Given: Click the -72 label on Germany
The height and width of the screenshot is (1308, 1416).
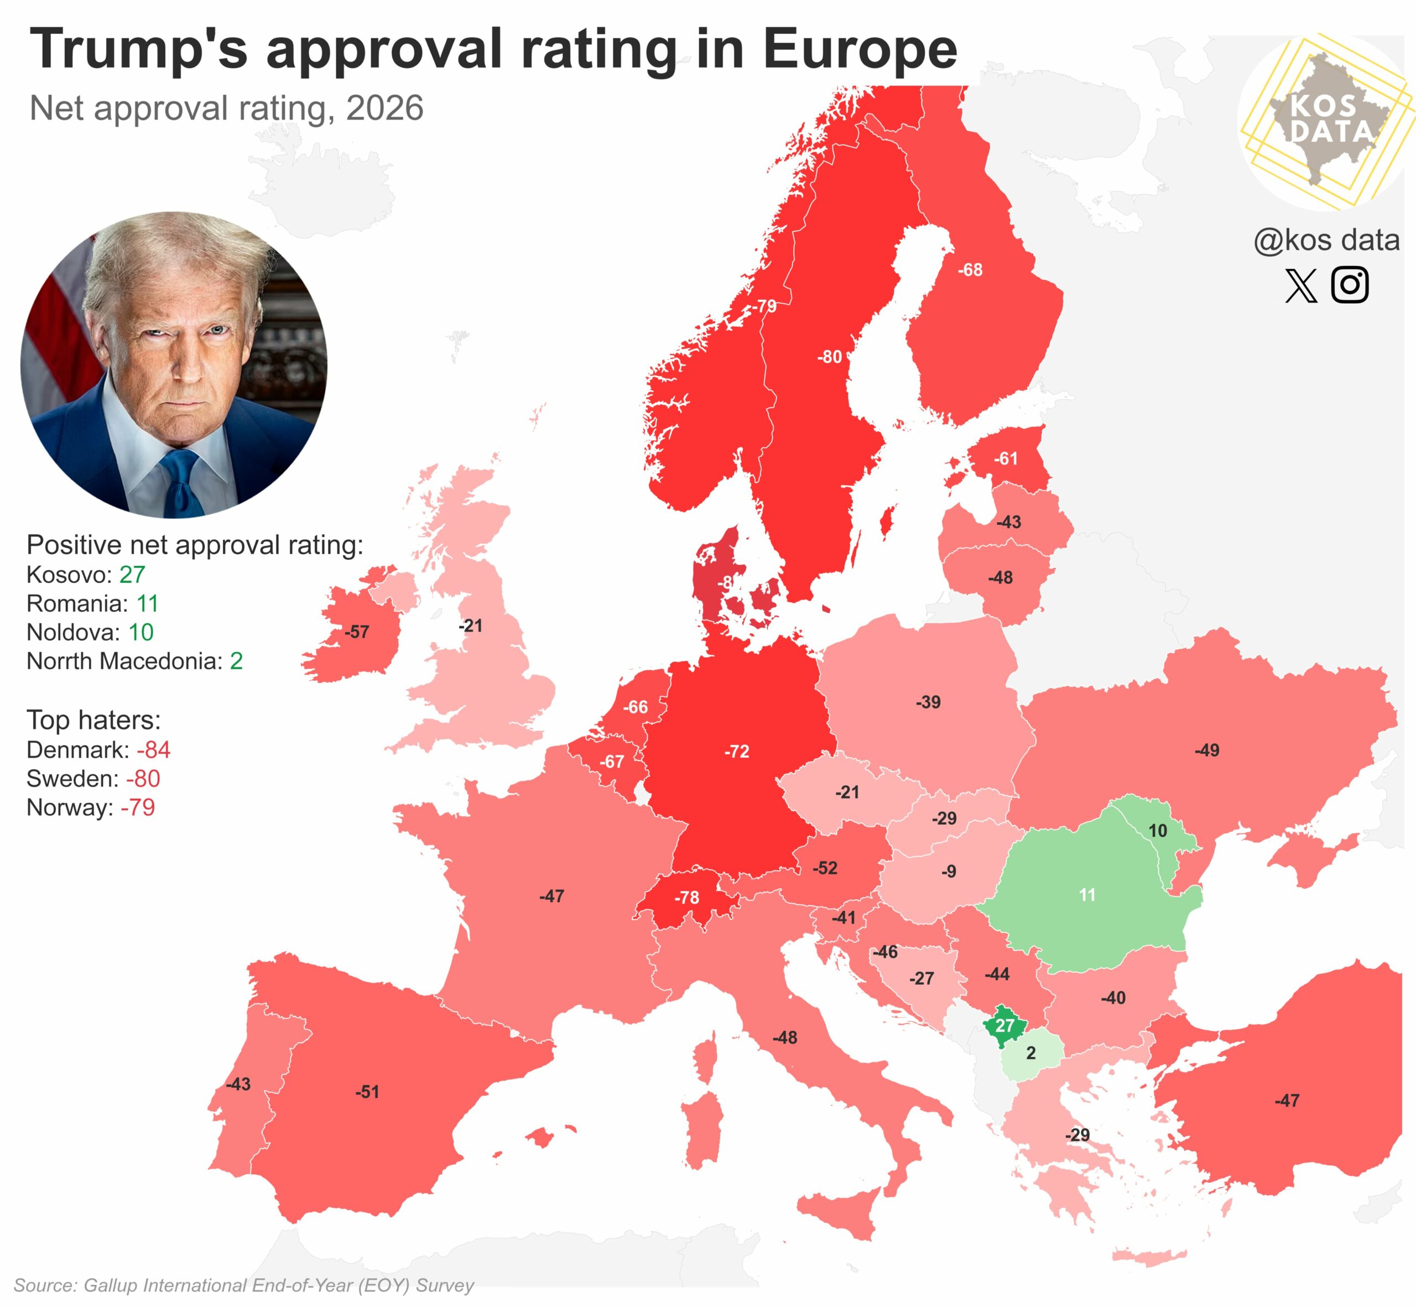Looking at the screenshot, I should [x=736, y=751].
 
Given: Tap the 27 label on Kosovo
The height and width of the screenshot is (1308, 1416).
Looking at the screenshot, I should [x=1004, y=1025].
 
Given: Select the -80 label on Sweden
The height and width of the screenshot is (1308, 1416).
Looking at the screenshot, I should [x=829, y=357].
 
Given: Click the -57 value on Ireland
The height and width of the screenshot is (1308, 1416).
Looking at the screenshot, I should [x=356, y=632].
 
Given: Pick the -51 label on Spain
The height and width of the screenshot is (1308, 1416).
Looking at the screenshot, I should [x=367, y=1091].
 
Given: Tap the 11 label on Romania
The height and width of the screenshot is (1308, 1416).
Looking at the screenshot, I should [x=1087, y=895].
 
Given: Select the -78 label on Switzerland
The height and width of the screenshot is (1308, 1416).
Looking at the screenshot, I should [x=686, y=898].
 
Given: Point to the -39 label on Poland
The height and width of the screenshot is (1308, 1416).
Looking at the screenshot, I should [x=928, y=702].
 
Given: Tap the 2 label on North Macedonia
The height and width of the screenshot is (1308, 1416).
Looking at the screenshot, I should [x=1031, y=1053].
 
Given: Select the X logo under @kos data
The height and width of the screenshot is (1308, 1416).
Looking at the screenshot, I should [x=1300, y=285].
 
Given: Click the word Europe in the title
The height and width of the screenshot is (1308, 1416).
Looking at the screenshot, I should [x=860, y=50].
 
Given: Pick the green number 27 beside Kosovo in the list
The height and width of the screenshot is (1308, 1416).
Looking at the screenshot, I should [x=132, y=574].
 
